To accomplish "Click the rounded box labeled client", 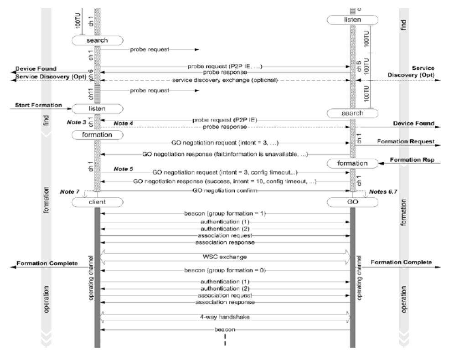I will pyautogui.click(x=97, y=201).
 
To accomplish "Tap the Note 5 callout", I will pyautogui.click(x=123, y=169).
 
